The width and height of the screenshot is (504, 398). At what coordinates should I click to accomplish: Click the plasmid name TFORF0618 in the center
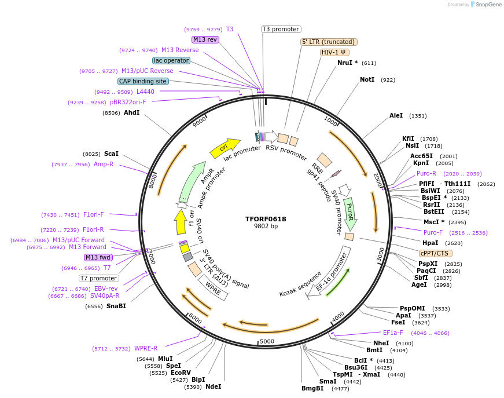(266, 219)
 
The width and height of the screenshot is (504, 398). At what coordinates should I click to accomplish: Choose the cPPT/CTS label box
(436, 253)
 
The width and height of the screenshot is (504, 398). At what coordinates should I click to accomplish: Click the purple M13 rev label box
(205, 39)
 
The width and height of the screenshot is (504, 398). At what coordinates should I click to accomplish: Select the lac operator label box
(171, 60)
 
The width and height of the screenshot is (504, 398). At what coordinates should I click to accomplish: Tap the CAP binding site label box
(143, 81)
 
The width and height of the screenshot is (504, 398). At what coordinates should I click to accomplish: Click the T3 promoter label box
(281, 29)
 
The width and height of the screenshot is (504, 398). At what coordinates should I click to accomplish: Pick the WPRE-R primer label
(146, 348)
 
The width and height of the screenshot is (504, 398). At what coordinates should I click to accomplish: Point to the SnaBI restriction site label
(116, 306)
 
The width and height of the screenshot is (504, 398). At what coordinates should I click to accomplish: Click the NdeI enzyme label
(214, 386)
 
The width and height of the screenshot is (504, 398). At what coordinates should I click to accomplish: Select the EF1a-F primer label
(393, 333)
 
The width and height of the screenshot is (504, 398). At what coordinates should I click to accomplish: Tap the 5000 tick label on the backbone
(267, 341)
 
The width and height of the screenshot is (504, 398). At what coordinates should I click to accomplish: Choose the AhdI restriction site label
(132, 112)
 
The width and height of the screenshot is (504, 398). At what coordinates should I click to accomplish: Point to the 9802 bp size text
(266, 227)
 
